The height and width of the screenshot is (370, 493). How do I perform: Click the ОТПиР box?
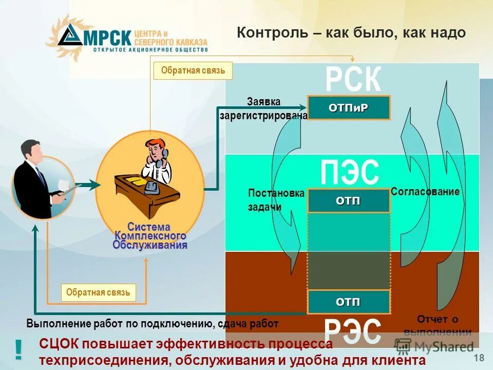349,107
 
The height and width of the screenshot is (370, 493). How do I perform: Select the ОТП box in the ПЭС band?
349,200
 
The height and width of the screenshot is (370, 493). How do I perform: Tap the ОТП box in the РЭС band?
349,301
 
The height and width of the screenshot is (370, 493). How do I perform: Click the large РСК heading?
353,80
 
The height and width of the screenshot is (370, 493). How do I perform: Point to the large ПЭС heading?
350,173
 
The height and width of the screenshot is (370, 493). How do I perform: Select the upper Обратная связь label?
193,71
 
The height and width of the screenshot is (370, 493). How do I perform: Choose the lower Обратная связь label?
98,293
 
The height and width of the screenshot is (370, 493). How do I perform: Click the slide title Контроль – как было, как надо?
351,33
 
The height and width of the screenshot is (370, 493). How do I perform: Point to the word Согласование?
425,191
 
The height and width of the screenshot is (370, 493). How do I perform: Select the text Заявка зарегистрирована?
263,109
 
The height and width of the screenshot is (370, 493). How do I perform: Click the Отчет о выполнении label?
437,325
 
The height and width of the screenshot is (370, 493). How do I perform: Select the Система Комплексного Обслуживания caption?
150,236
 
